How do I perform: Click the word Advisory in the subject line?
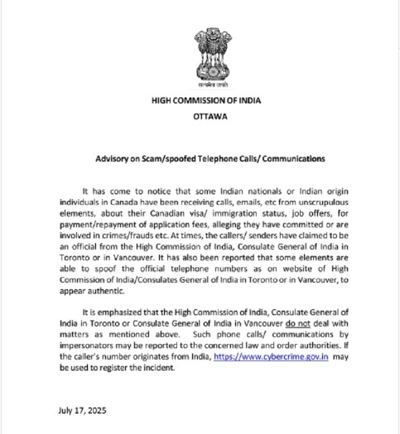[x=111, y=159]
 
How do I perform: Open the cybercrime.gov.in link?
[x=271, y=358]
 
